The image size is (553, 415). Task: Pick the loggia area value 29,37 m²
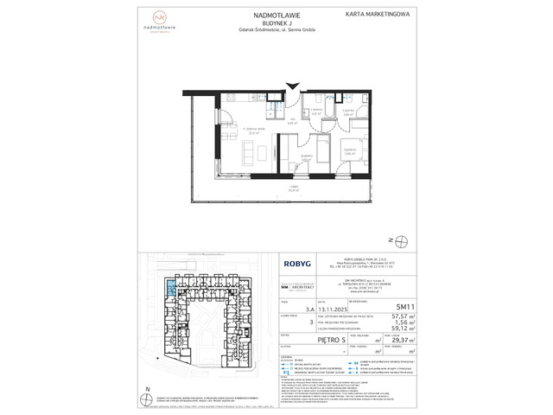pos(399,341)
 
